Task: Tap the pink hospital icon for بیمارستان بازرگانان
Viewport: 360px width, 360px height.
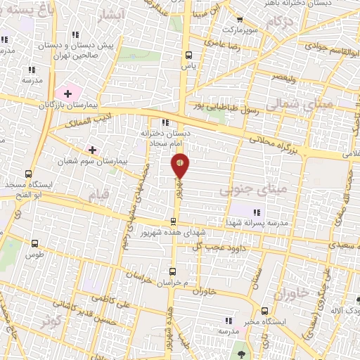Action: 68,92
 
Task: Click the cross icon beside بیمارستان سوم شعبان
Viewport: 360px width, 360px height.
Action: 92,149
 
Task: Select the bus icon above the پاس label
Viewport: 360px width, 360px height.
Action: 188,54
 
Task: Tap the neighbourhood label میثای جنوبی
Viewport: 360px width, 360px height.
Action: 245,190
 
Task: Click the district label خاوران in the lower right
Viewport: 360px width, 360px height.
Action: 290,295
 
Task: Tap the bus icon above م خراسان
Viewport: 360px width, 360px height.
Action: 172,271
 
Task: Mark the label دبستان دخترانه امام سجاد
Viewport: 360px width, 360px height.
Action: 164,137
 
